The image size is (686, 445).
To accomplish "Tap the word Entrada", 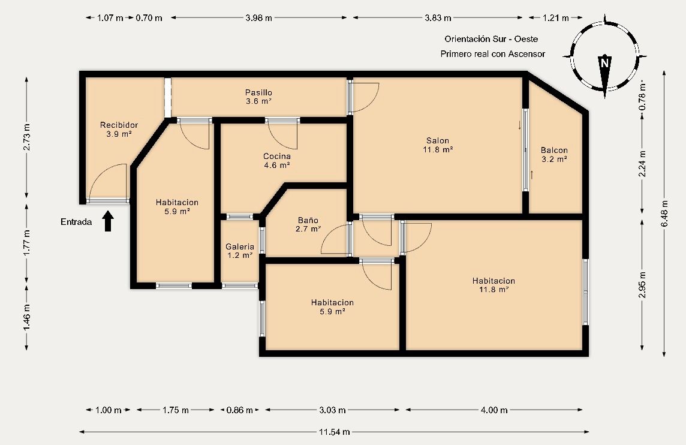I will [x=76, y=222].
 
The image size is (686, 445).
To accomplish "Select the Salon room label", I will [x=437, y=141].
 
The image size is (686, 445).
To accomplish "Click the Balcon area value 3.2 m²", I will [x=553, y=160].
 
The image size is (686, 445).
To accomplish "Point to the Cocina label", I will [x=277, y=157].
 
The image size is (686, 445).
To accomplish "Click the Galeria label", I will [x=240, y=246].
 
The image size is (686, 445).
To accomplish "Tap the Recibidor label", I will [x=119, y=125].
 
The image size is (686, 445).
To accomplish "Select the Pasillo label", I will [x=258, y=92].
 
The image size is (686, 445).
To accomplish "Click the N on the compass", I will [x=604, y=62].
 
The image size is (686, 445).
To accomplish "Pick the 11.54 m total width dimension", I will [x=334, y=432].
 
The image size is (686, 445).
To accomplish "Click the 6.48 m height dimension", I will [x=664, y=212].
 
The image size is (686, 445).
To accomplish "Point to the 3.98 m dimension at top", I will [x=258, y=18].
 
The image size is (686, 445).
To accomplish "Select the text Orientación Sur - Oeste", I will [x=491, y=39].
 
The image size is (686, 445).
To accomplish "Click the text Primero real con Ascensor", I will [x=492, y=54].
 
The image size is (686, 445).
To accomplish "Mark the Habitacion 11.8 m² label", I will [x=493, y=281].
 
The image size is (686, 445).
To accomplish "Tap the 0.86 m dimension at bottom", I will [x=239, y=410].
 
